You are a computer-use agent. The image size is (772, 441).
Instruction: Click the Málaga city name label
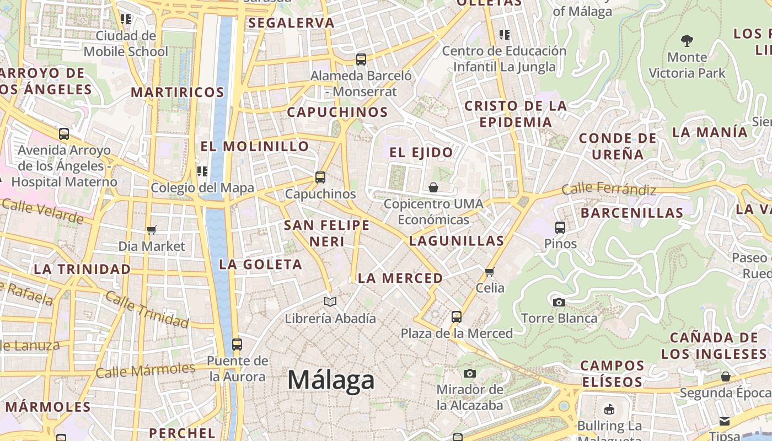coord(331,380)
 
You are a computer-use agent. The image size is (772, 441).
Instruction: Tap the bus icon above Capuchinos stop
coord(320,178)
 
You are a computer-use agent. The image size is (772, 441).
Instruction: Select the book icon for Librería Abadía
coord(330,302)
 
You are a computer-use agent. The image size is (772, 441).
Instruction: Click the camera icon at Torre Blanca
coord(559,302)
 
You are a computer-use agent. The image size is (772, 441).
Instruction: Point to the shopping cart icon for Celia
coord(489,272)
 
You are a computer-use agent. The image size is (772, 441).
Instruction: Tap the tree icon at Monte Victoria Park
coord(687,40)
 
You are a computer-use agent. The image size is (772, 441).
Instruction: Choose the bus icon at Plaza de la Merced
coord(456,317)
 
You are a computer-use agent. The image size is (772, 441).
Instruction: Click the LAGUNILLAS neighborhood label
coord(457,240)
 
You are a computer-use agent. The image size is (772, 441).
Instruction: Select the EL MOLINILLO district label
coord(255,146)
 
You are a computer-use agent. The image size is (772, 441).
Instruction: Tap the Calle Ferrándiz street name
coord(609,190)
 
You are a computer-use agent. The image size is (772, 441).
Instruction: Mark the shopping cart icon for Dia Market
coord(152,230)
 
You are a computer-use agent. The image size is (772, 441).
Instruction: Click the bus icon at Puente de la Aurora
coord(237,345)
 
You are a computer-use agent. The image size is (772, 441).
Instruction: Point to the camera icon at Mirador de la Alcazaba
coord(470,373)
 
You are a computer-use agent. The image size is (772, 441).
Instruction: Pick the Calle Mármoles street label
coord(146,370)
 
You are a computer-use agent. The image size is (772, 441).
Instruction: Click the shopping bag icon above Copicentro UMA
coord(433,187)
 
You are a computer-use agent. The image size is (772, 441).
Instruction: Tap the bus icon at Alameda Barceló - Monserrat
coord(361,60)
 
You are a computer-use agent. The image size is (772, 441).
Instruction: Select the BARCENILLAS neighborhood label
coord(632,212)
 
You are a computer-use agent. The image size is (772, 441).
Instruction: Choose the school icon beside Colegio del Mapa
coord(202,171)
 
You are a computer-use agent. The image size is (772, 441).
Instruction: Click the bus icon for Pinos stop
coord(560,227)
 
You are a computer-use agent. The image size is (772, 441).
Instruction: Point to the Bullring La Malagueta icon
coord(609,409)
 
